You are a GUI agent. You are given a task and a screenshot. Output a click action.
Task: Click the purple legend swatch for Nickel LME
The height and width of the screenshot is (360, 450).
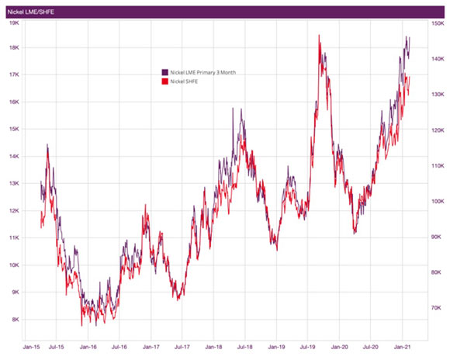click(x=164, y=72)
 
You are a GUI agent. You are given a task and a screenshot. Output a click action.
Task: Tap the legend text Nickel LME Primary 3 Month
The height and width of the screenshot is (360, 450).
click(x=202, y=72)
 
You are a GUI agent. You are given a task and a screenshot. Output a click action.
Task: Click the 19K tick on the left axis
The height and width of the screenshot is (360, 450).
click(x=13, y=22)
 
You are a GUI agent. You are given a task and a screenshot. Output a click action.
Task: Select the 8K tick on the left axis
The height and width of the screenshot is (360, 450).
click(x=13, y=319)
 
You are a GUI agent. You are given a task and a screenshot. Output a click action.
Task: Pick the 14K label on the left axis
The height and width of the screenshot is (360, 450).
click(x=13, y=156)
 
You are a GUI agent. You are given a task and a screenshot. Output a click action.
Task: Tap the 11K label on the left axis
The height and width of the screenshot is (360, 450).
click(x=13, y=237)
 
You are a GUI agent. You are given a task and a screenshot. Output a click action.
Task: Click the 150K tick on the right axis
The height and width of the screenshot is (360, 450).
click(x=437, y=23)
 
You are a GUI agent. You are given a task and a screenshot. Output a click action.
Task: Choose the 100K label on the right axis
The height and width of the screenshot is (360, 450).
click(x=437, y=201)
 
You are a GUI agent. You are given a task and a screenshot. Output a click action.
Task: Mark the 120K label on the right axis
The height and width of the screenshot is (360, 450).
click(x=437, y=130)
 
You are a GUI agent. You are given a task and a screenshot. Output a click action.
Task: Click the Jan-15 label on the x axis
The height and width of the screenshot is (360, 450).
click(x=32, y=347)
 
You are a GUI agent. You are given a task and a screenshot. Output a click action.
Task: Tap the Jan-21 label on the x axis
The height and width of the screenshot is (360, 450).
click(x=401, y=347)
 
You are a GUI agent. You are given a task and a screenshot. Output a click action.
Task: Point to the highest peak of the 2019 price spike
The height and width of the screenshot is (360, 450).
click(x=319, y=35)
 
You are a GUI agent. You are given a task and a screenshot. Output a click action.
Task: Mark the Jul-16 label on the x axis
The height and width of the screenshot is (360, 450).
click(x=119, y=347)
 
